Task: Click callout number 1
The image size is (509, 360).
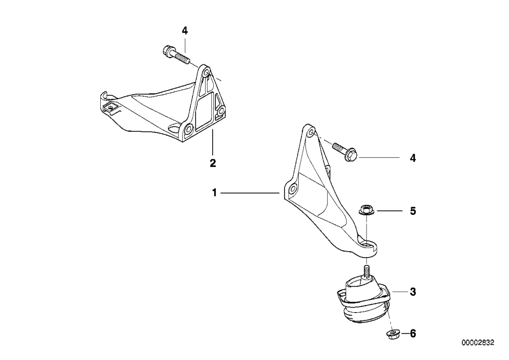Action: coord(214,193)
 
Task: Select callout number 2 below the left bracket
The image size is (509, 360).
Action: coord(213,163)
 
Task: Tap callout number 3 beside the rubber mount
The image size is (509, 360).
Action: coord(413,292)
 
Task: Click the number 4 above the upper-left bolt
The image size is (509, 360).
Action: coord(184,31)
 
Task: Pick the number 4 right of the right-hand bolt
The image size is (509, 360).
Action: coord(413,158)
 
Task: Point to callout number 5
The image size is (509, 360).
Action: coord(413,211)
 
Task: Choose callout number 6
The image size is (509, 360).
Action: coord(413,334)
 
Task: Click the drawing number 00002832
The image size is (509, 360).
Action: coord(478,343)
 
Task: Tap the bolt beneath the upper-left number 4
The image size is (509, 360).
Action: coord(175,55)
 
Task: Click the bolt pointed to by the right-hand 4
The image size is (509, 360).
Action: coord(345,151)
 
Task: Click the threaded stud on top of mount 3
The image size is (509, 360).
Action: coord(366,272)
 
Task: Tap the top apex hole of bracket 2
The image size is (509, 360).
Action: coord(206,72)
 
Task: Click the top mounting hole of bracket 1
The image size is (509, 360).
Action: coord(310,132)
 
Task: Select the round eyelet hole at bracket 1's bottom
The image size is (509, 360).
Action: coord(367,244)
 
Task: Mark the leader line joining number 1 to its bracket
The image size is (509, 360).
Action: coord(250,193)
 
